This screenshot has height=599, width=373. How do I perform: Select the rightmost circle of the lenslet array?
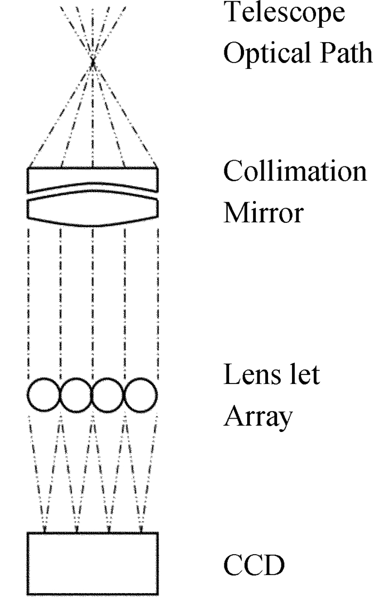point(141,395)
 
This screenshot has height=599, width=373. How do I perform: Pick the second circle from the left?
point(77,395)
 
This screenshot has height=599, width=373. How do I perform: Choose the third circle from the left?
point(109,395)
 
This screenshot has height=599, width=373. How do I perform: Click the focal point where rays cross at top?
point(93,62)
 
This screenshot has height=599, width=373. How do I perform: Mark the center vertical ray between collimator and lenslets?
point(93,299)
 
